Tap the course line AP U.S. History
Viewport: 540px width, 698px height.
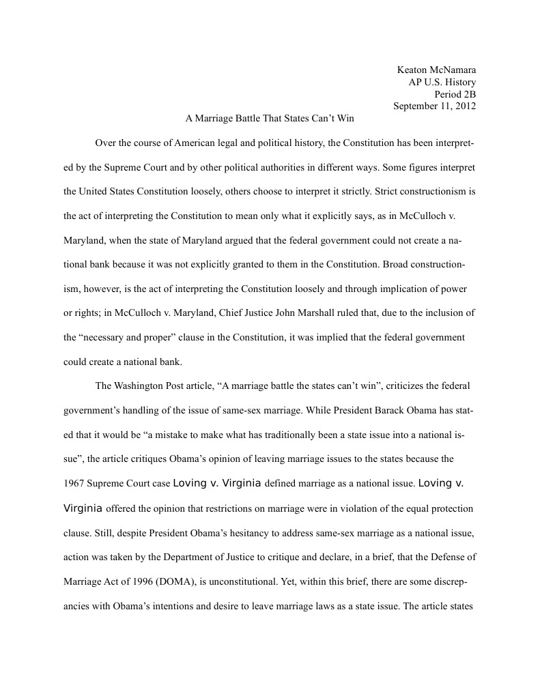tap(442, 82)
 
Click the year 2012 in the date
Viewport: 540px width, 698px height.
tap(465, 106)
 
